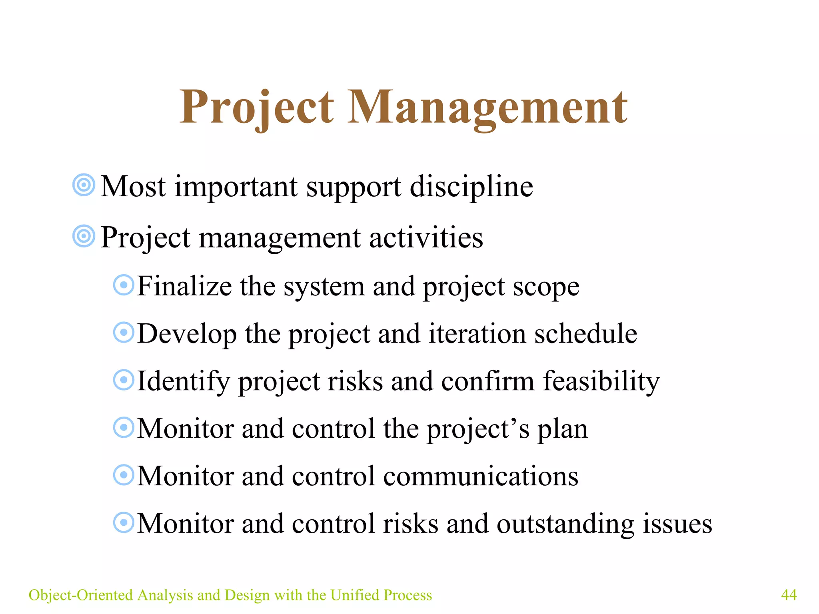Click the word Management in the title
click(x=487, y=107)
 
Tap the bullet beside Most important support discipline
click(x=84, y=185)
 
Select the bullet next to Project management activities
click(x=84, y=236)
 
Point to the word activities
click(x=426, y=237)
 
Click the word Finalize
click(x=184, y=286)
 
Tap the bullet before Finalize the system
click(x=124, y=285)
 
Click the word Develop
click(x=187, y=334)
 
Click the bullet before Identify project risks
click(x=124, y=380)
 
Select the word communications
click(x=481, y=476)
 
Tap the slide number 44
click(x=789, y=595)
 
